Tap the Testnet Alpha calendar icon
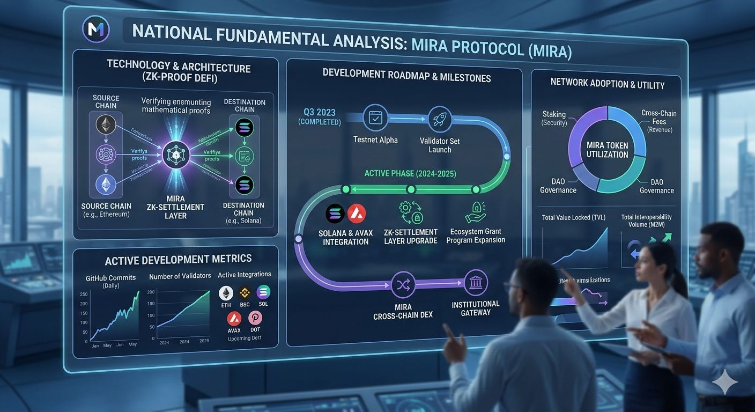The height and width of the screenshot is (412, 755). pos(375,119)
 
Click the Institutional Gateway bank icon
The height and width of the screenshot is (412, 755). pos(475,284)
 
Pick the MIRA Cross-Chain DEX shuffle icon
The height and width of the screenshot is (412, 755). pos(403,285)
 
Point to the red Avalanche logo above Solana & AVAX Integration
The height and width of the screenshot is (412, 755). pos(357,214)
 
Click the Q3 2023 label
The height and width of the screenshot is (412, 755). pos(319,112)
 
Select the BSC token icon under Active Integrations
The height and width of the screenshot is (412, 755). pos(245,293)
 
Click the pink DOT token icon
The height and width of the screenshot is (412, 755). pos(255,318)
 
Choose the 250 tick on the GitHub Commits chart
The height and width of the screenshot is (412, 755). pos(84,294)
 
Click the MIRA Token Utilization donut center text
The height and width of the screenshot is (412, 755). pos(607,150)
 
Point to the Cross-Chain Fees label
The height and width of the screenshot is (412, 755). pos(658,117)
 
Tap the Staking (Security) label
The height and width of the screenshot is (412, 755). pos(554,118)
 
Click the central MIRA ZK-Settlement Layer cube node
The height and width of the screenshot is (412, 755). pos(176,155)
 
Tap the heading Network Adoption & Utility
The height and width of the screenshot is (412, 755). pos(607,85)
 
